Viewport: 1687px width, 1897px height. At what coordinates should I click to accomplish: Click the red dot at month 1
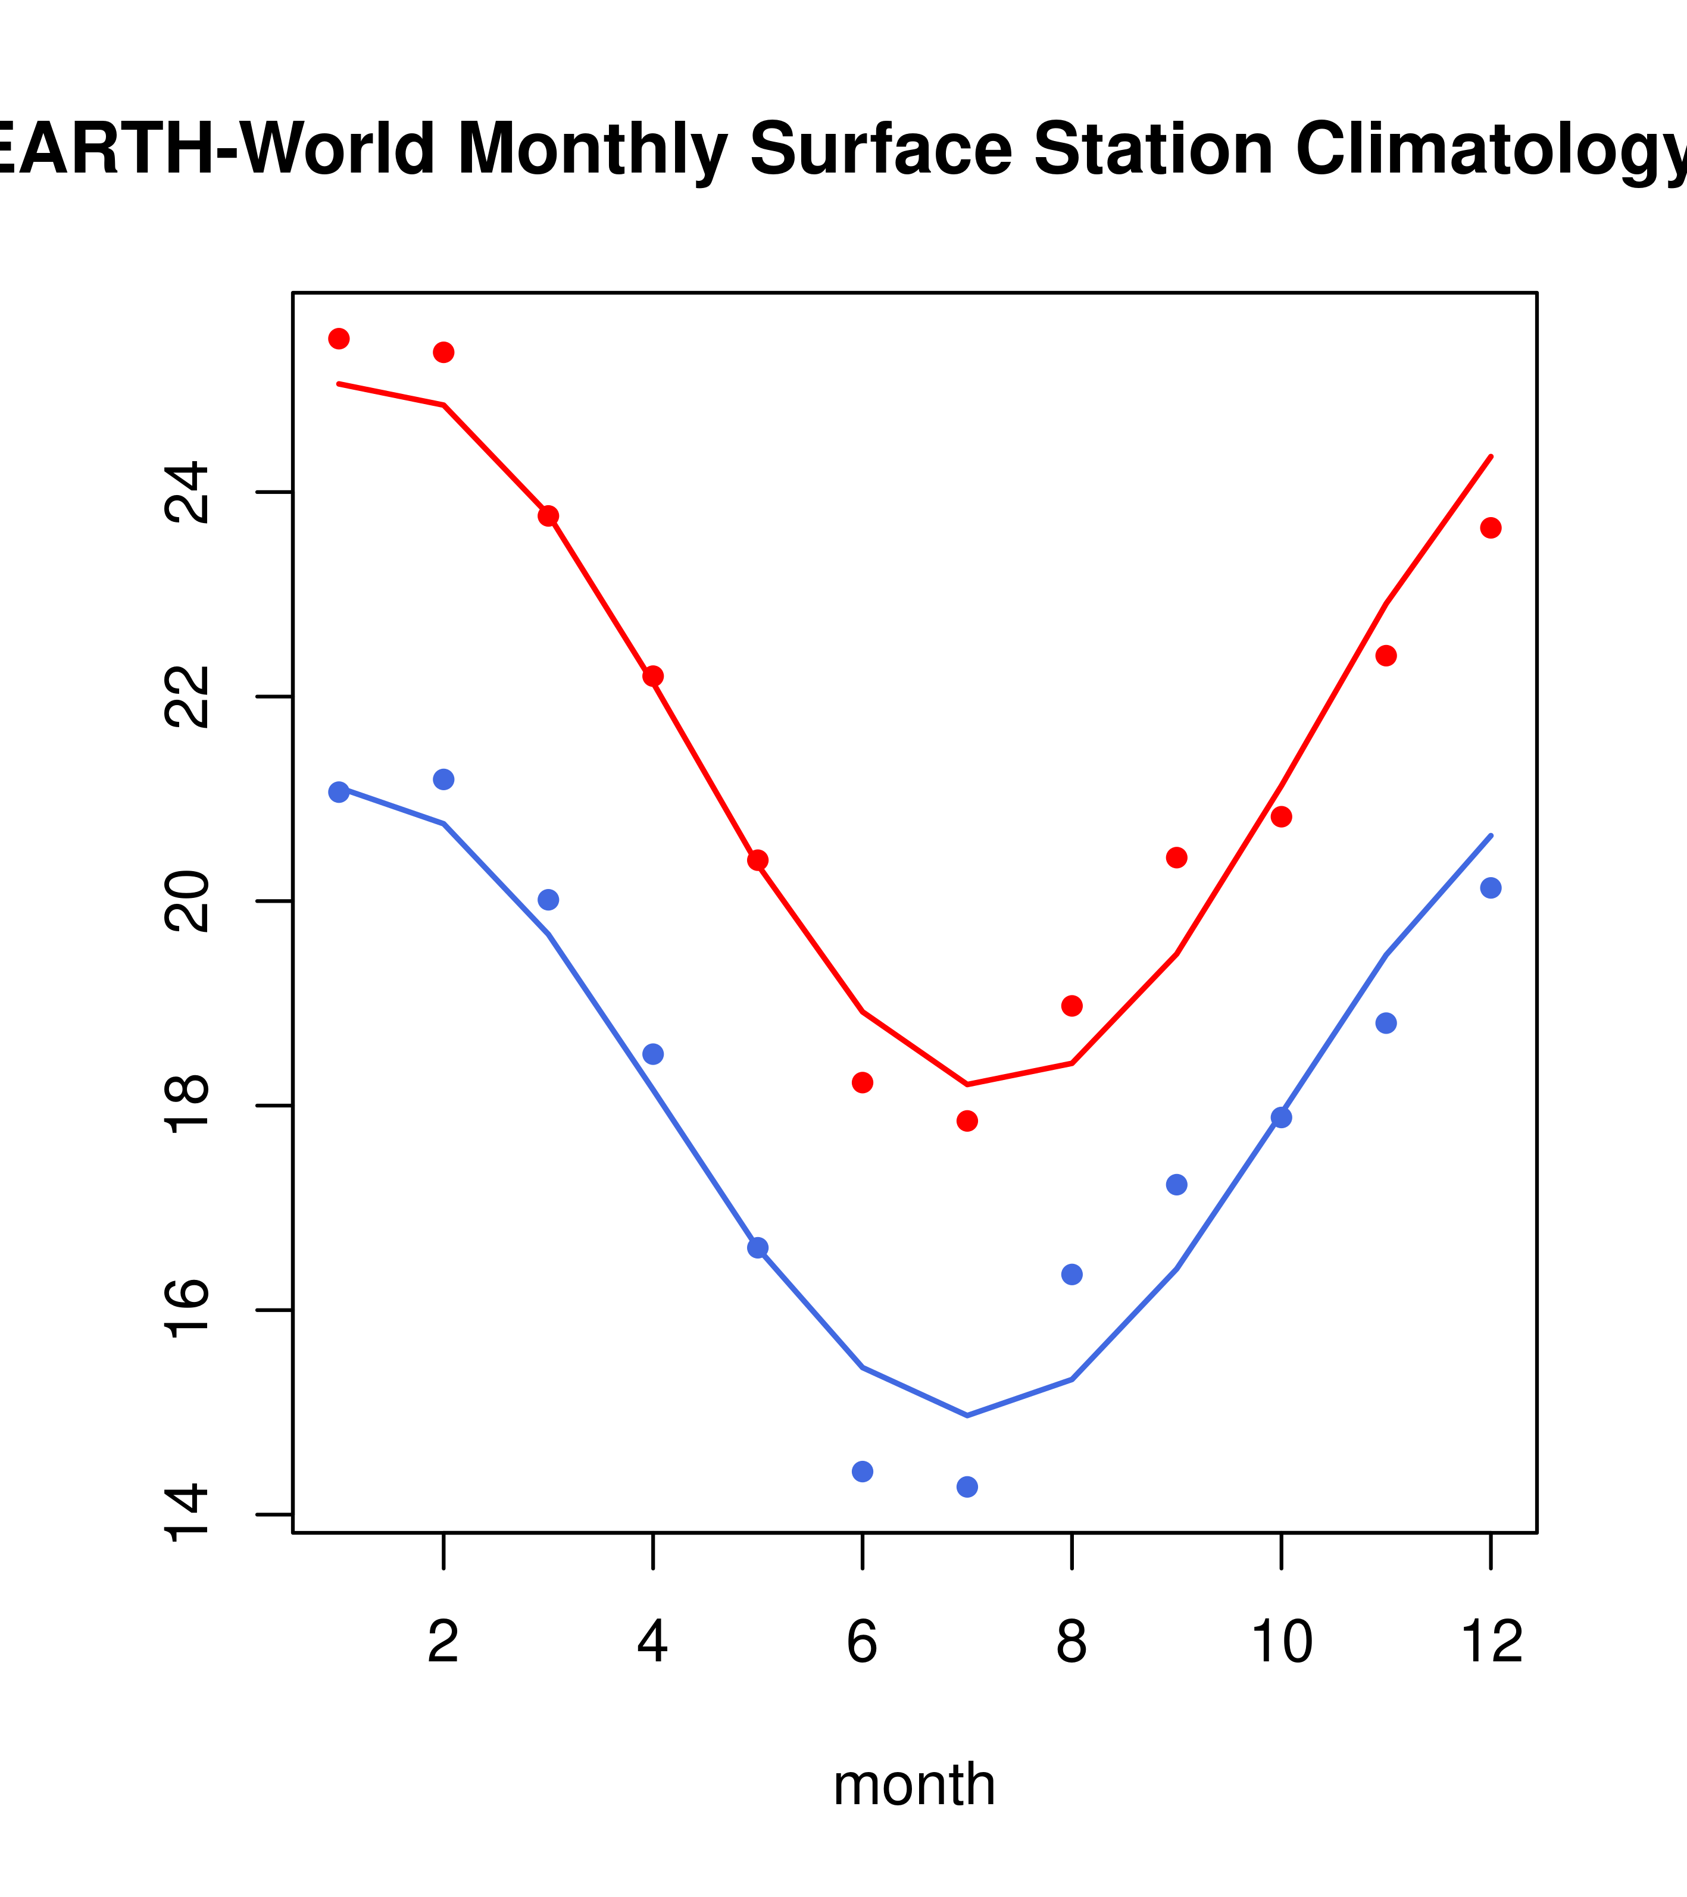point(339,339)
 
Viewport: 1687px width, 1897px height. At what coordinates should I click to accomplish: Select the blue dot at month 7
point(967,1487)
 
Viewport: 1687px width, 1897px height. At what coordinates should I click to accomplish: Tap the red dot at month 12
point(1490,528)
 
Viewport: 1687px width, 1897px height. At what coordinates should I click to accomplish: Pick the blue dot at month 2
point(444,779)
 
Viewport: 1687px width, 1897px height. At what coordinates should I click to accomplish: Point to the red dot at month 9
point(1176,857)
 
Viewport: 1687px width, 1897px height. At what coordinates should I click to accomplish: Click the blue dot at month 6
point(863,1471)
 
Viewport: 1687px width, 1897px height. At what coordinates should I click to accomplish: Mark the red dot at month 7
point(967,1121)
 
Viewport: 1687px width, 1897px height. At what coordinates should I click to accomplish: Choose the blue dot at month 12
point(1490,888)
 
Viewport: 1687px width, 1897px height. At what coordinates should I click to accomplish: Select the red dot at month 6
point(863,1082)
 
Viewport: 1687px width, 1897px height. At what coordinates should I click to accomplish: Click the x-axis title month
point(914,1784)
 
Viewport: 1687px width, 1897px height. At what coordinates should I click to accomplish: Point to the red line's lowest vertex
point(967,1084)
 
